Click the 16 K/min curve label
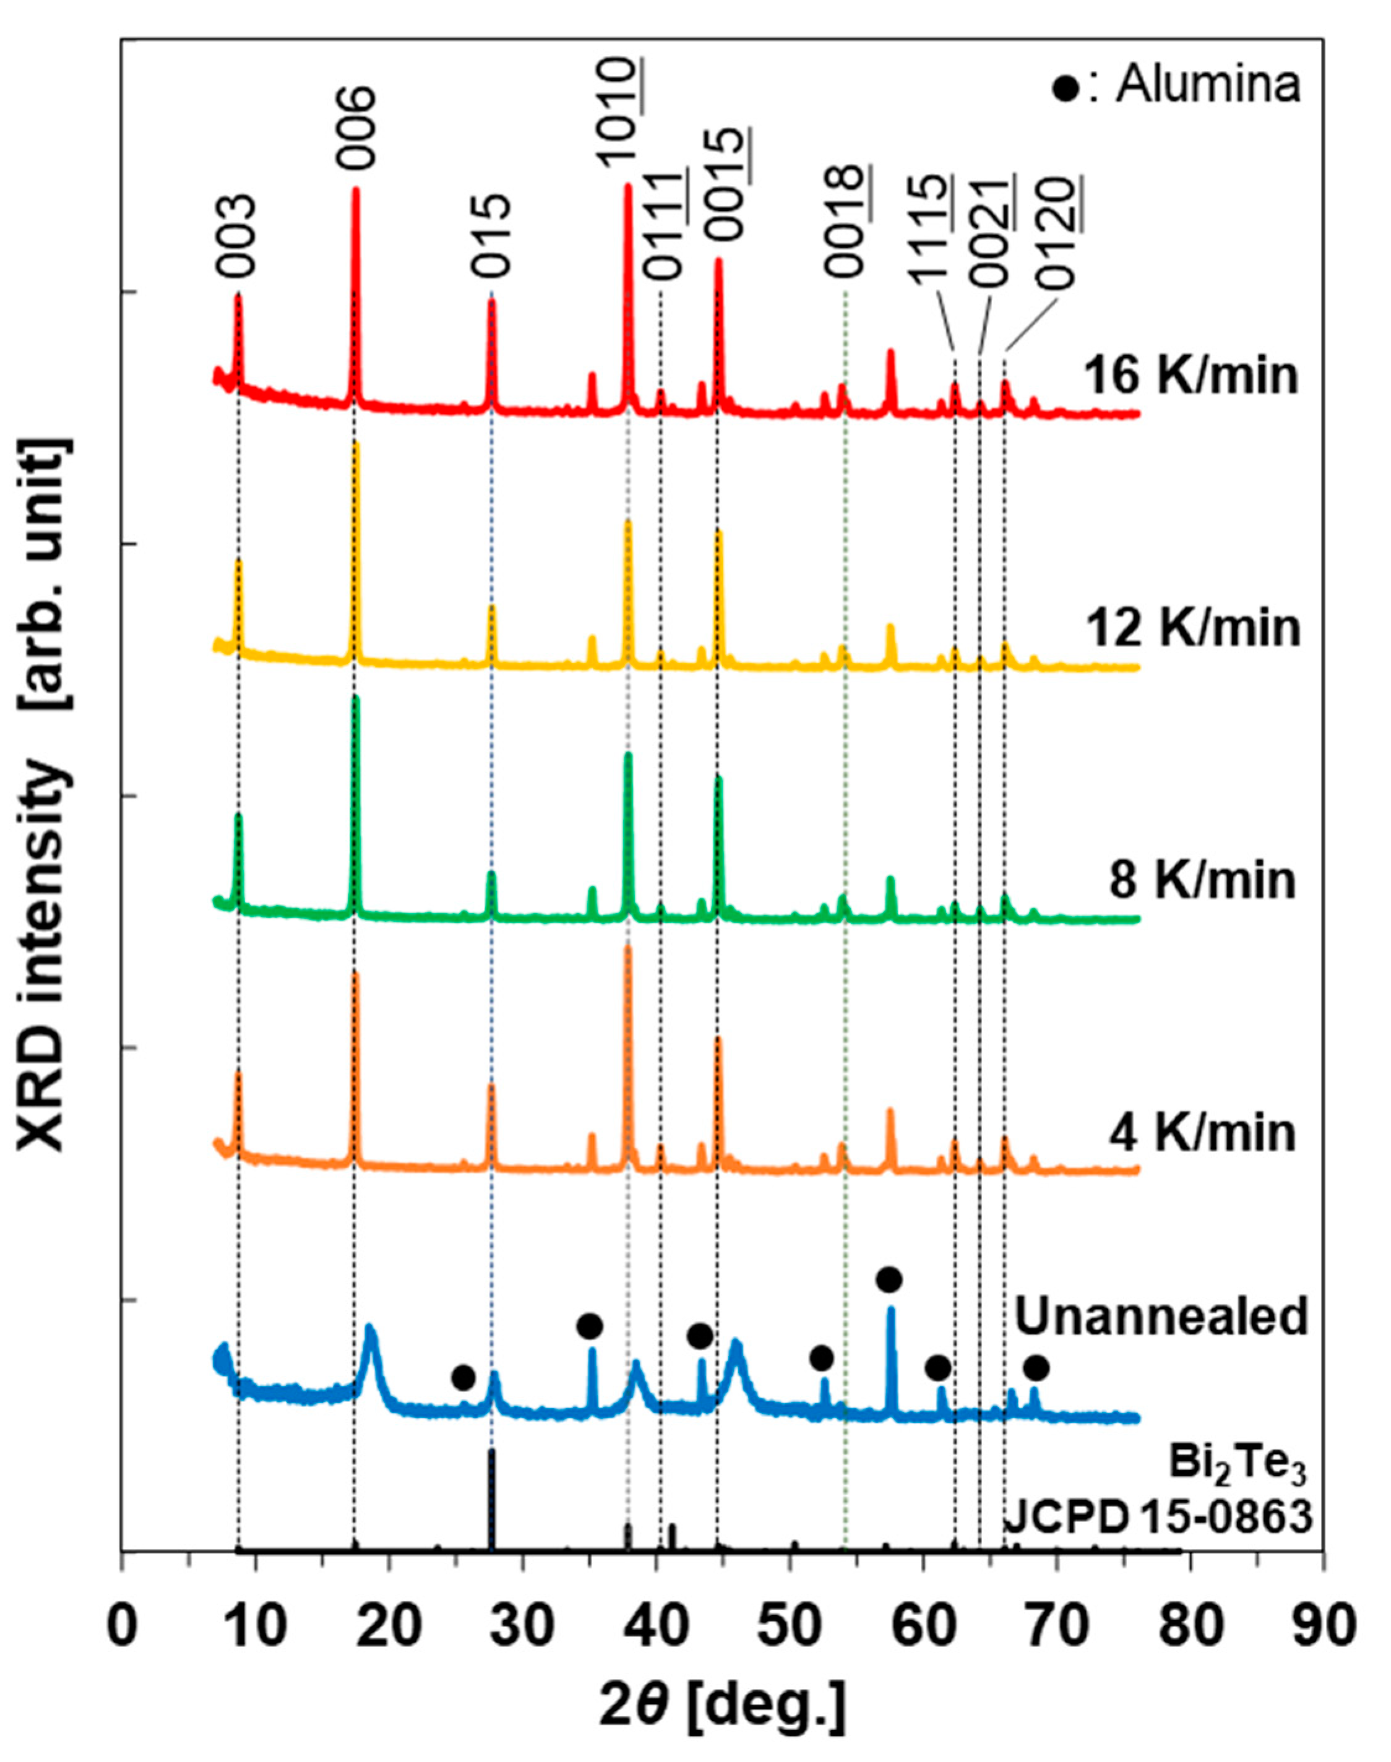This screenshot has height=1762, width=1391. [x=1191, y=377]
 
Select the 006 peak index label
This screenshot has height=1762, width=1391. [x=356, y=129]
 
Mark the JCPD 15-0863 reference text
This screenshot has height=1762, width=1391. [x=1158, y=1518]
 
